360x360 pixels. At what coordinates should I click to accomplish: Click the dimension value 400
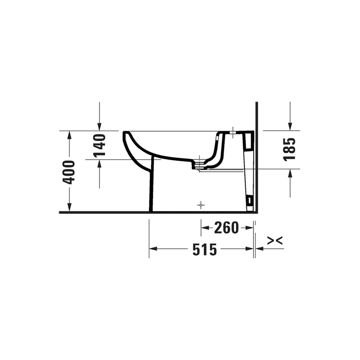coord(69,172)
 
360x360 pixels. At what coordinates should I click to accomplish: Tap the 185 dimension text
coord(290,149)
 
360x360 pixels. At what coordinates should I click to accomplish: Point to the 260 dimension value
coord(227,228)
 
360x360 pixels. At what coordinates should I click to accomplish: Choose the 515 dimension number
coord(205,249)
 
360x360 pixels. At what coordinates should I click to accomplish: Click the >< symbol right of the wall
coord(275,241)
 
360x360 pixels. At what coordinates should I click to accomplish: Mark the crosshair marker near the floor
coord(201,205)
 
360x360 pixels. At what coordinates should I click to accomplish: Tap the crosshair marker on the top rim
coord(233,132)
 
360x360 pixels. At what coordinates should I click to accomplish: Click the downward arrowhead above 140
coord(99,127)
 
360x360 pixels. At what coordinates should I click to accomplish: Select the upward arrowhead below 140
coord(99,163)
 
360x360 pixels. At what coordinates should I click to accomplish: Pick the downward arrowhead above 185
coord(290,127)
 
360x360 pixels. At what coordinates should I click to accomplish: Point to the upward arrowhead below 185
coord(290,173)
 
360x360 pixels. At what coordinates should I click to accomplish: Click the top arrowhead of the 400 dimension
coord(69,135)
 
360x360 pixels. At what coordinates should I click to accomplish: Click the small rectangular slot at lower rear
coord(250,199)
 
